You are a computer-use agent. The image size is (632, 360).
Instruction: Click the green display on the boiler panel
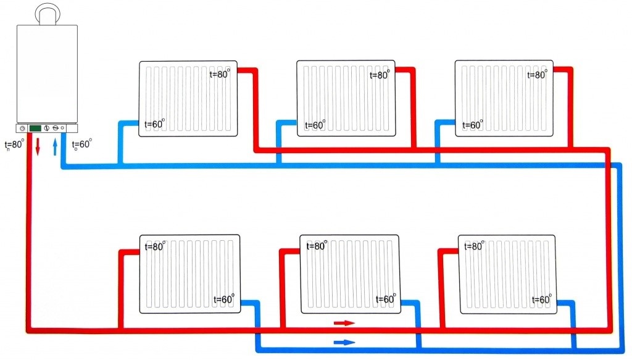(x=35, y=128)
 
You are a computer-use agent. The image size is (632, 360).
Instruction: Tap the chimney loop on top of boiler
(x=47, y=13)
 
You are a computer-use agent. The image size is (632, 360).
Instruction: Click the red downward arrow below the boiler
(x=38, y=147)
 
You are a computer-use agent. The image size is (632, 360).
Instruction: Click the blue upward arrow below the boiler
(x=56, y=147)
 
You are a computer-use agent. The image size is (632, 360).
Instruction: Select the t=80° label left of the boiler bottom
(x=14, y=145)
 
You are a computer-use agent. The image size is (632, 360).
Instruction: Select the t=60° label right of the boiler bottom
(x=82, y=144)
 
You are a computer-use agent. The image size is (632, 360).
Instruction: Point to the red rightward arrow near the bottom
(x=344, y=323)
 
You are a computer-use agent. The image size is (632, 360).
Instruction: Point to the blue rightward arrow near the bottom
(x=344, y=341)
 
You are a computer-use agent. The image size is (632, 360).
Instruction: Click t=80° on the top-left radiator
(x=220, y=75)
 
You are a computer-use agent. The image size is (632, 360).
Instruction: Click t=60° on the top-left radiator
(x=154, y=124)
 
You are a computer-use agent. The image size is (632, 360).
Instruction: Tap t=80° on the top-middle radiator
(x=380, y=75)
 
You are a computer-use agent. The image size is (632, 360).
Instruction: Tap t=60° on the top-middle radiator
(x=313, y=125)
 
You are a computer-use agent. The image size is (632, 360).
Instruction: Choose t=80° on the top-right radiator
(x=537, y=75)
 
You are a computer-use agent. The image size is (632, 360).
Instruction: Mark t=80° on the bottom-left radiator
(x=155, y=246)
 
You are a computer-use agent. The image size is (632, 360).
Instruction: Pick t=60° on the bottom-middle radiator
(x=384, y=299)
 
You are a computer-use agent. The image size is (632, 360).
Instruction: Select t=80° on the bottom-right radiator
(x=474, y=246)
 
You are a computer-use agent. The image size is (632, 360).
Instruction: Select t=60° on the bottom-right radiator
(x=541, y=299)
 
